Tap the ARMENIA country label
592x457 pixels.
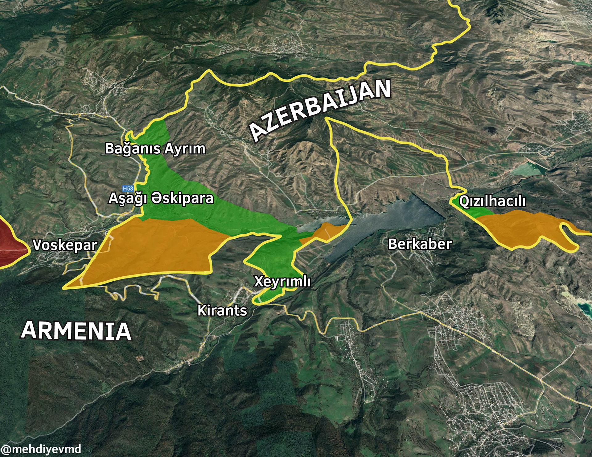76,331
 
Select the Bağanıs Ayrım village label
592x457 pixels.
155,149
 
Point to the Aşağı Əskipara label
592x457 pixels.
161,198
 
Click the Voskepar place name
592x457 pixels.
65,245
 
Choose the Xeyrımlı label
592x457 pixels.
282,281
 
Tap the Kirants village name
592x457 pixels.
222,311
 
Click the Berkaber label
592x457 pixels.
420,244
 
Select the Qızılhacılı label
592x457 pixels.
492,201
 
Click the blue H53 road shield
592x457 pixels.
128,188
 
